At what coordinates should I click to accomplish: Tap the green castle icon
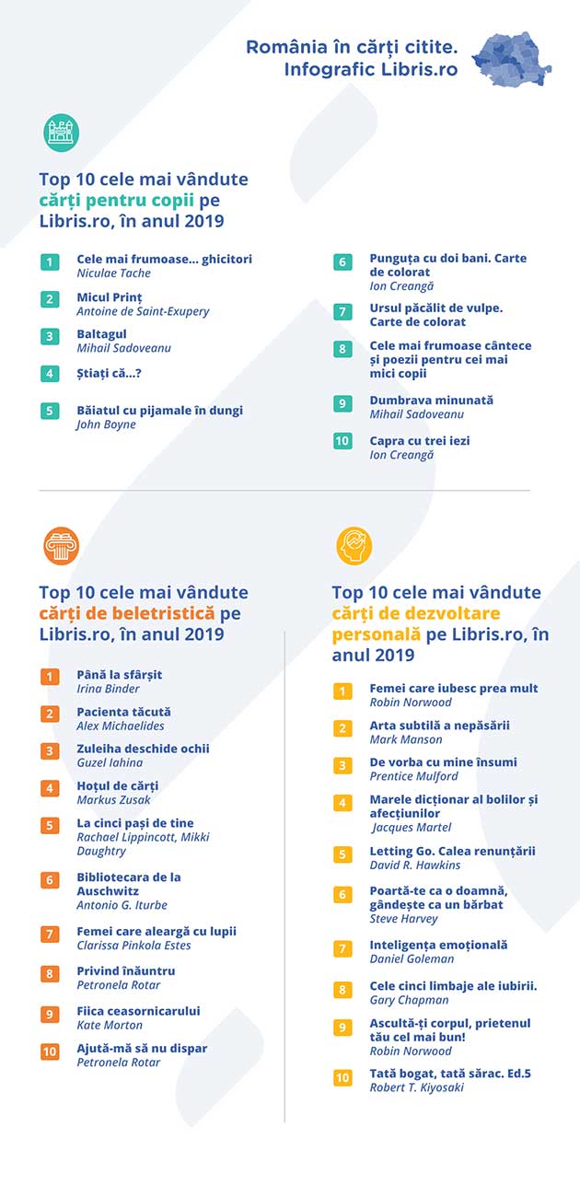tap(62, 133)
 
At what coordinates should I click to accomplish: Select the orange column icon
tap(62, 546)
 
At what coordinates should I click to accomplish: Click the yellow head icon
tap(354, 546)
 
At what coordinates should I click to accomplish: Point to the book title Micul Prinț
tap(110, 297)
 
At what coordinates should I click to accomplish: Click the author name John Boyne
tap(106, 424)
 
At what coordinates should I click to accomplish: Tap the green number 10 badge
tap(342, 441)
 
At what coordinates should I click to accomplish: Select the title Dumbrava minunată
tap(432, 400)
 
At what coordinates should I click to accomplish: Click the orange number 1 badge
tap(50, 677)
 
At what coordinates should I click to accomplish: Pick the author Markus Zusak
tap(113, 800)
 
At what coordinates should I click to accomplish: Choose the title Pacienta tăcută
tap(123, 712)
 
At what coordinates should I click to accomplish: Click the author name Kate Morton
tap(110, 1025)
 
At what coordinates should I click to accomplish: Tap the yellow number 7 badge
tap(342, 948)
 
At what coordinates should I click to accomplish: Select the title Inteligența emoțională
tap(438, 945)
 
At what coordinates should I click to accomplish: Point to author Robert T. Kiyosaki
tap(417, 1087)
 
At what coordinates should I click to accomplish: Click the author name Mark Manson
tap(405, 739)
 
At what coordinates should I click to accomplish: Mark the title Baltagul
tap(101, 334)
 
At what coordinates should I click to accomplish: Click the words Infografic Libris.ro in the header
tap(371, 70)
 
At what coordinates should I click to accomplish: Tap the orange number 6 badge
tap(50, 879)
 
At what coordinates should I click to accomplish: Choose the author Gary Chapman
tap(410, 1000)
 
